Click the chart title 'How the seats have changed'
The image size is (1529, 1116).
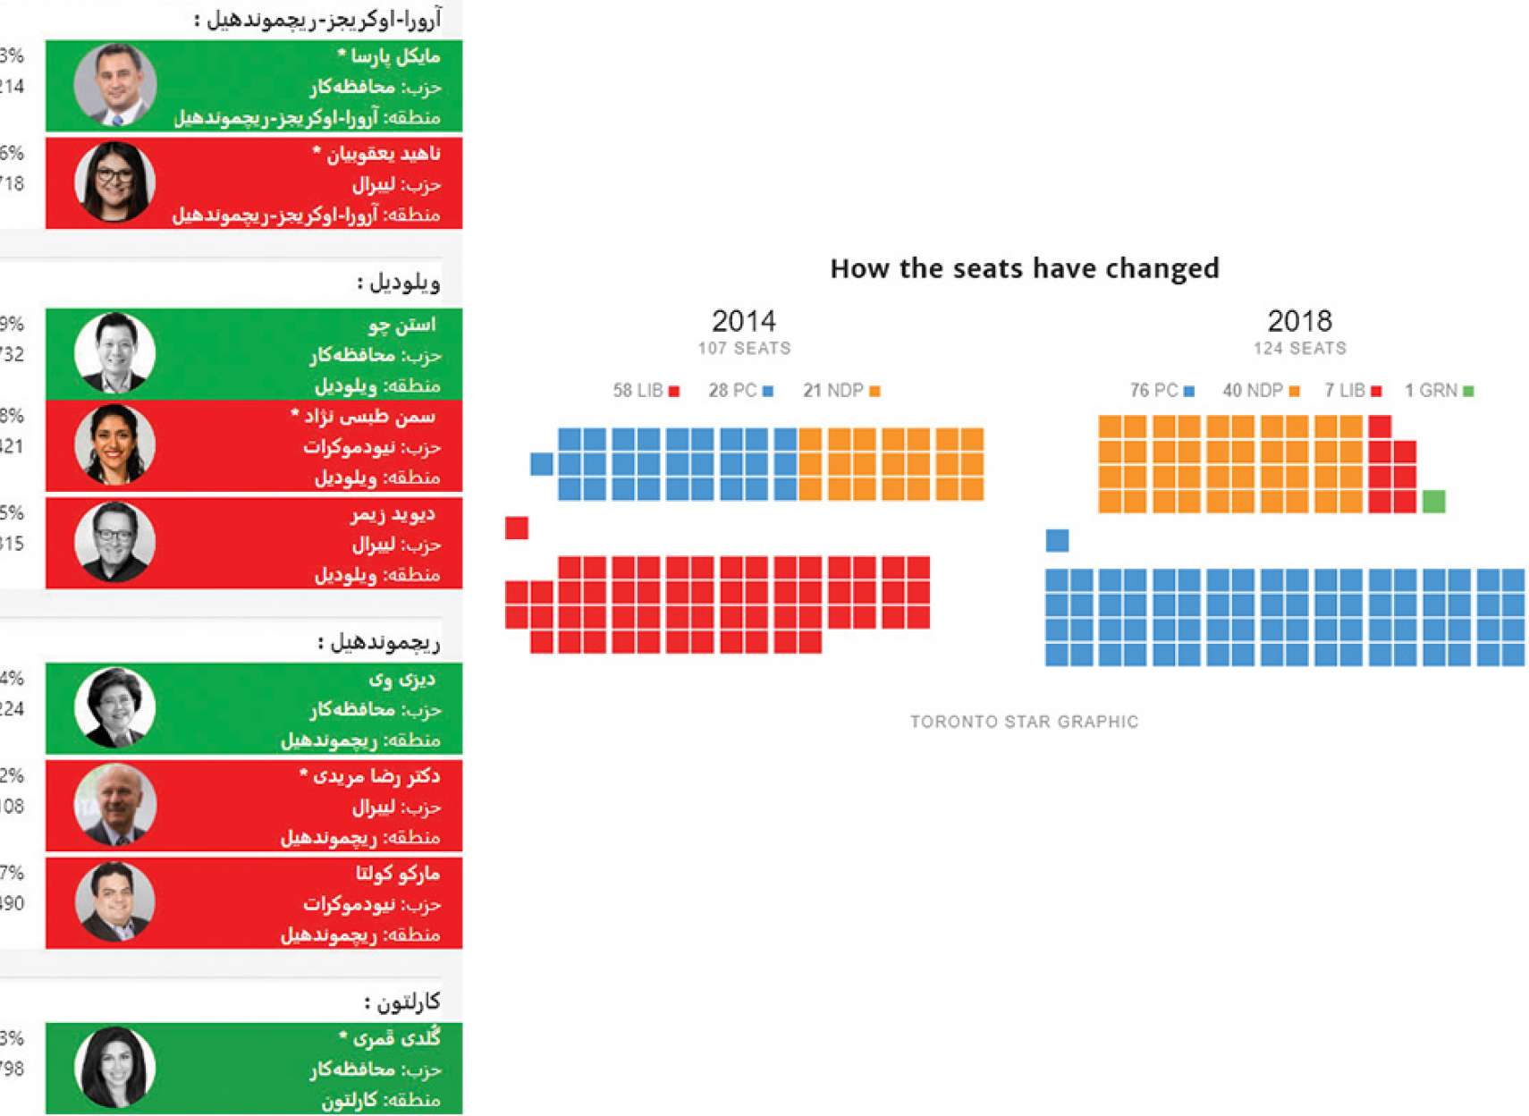click(x=1024, y=268)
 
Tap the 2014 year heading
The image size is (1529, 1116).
click(x=743, y=321)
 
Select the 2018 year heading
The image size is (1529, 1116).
click(x=1299, y=321)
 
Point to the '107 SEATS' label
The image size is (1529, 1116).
click(x=744, y=349)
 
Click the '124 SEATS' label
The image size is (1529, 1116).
click(x=1299, y=349)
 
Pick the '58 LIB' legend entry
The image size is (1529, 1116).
click(x=646, y=391)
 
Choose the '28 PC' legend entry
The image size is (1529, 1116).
click(x=740, y=391)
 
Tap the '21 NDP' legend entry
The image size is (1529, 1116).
click(x=841, y=391)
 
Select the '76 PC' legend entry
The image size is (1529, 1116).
click(x=1162, y=391)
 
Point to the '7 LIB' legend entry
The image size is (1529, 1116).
click(x=1353, y=391)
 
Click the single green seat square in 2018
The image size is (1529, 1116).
click(x=1433, y=501)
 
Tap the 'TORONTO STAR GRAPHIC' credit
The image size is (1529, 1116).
click(x=1024, y=722)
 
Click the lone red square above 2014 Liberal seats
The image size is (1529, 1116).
click(x=516, y=528)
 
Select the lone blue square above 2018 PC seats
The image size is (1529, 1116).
click(x=1057, y=540)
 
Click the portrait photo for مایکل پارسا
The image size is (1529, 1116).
click(x=114, y=85)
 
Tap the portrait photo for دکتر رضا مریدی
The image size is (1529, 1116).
click(x=114, y=805)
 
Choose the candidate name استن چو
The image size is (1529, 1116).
click(x=401, y=325)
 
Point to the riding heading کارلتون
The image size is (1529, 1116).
click(x=401, y=1002)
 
